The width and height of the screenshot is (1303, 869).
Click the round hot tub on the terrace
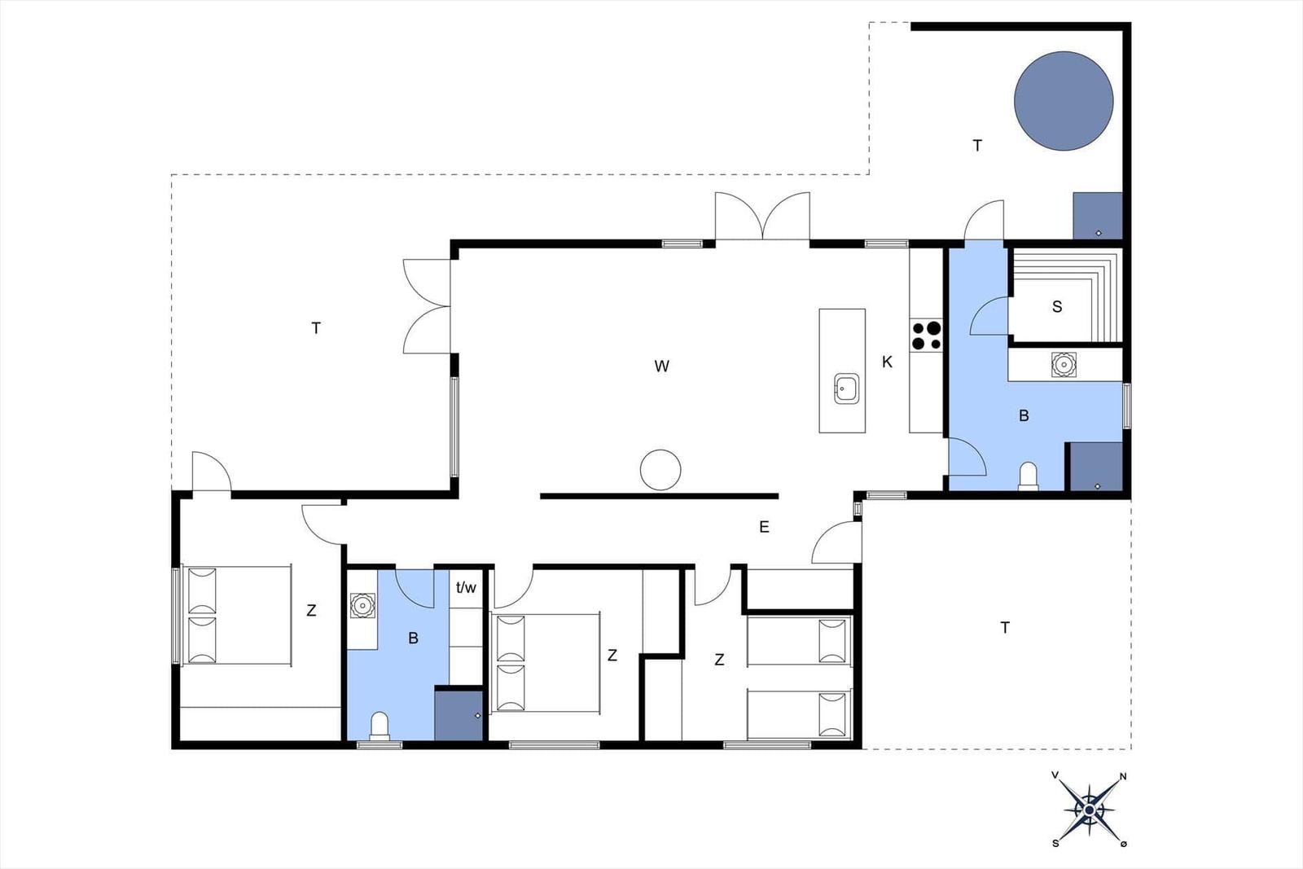point(1064,101)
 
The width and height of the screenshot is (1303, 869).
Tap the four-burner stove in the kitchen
point(926,336)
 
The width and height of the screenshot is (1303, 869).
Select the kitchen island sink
point(846,388)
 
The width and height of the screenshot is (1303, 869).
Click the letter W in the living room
point(661,366)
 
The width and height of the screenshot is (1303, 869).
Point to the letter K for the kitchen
point(887,362)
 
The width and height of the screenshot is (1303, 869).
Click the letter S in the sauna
point(1057,306)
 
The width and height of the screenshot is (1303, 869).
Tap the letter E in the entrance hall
point(765,526)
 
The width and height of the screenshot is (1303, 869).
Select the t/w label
point(466,587)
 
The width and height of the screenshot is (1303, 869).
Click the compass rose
point(1089,810)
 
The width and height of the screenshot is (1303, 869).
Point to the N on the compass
point(1123,776)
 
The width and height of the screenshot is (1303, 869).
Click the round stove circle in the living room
point(660,470)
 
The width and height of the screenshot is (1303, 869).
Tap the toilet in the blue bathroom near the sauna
point(1029,476)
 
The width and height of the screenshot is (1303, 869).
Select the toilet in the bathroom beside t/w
point(379,726)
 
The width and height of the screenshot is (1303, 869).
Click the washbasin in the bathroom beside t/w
point(362,605)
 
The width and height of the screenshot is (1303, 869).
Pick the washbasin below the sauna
point(1064,364)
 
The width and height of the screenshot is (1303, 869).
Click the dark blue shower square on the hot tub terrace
point(1097,216)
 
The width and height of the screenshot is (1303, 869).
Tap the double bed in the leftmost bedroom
point(235,616)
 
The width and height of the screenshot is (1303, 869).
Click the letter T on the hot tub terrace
point(977,146)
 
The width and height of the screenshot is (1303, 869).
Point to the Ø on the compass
point(1123,844)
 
